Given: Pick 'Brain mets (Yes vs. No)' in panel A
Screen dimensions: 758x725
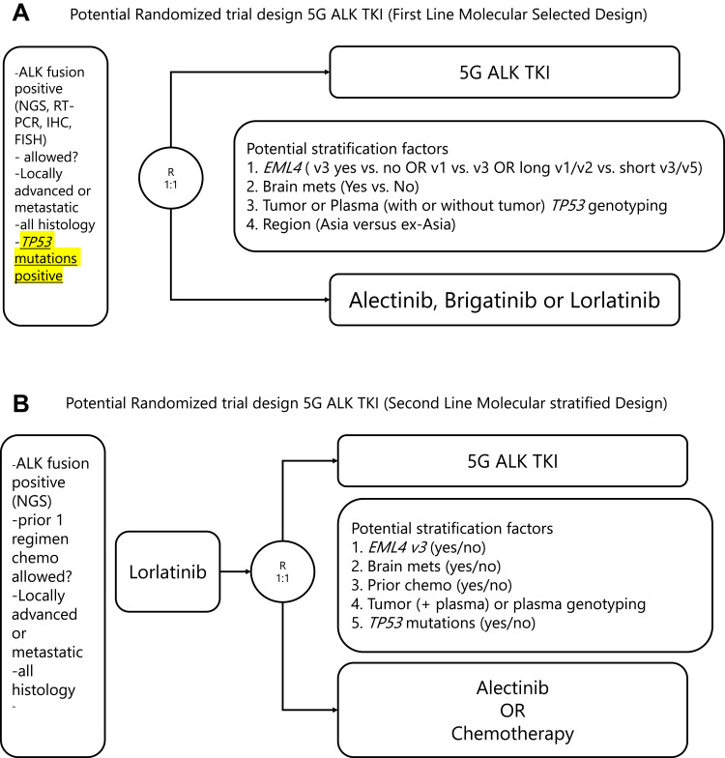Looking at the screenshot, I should tap(342, 189).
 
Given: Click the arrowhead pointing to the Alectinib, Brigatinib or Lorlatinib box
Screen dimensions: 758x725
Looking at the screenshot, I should tap(326, 301).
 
